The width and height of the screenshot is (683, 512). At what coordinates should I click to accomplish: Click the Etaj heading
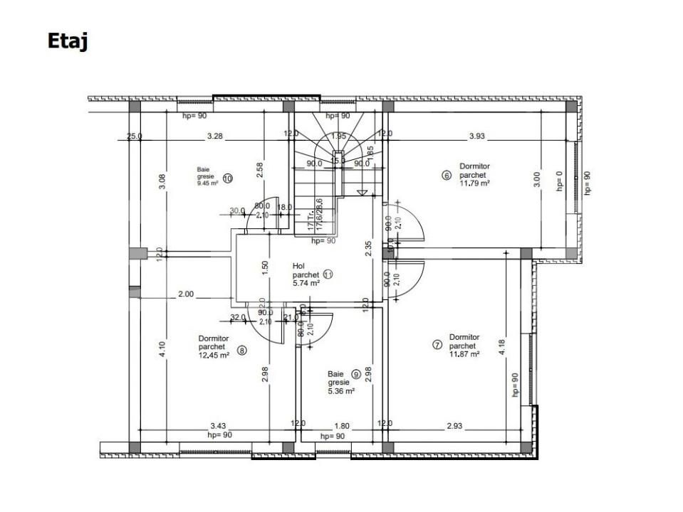[x=68, y=41]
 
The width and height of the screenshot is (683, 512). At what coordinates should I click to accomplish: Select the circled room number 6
[x=447, y=176]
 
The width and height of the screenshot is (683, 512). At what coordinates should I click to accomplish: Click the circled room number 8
[x=242, y=351]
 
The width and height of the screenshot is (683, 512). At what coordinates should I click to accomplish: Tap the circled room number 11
[x=328, y=273]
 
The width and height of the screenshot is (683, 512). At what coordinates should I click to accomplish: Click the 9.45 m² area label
[x=208, y=183]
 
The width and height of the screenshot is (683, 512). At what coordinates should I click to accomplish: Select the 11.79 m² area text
[x=475, y=183]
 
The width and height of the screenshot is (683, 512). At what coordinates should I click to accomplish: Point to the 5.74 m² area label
[x=306, y=282]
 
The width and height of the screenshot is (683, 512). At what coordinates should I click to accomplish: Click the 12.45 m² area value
[x=214, y=355]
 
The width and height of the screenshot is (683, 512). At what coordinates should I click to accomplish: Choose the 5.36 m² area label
[x=340, y=390]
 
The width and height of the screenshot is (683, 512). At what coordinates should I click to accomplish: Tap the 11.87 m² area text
[x=464, y=353]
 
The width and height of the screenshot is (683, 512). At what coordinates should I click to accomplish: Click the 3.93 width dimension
[x=477, y=135]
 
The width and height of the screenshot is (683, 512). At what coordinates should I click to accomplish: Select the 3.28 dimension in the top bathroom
[x=215, y=135]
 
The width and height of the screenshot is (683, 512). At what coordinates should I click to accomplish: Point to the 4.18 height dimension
[x=502, y=347]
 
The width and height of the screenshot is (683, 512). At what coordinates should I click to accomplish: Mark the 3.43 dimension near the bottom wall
[x=218, y=425]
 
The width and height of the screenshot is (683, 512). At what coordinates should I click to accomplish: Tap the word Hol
[x=298, y=265]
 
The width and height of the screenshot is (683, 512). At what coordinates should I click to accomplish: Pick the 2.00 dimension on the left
[x=185, y=294]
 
